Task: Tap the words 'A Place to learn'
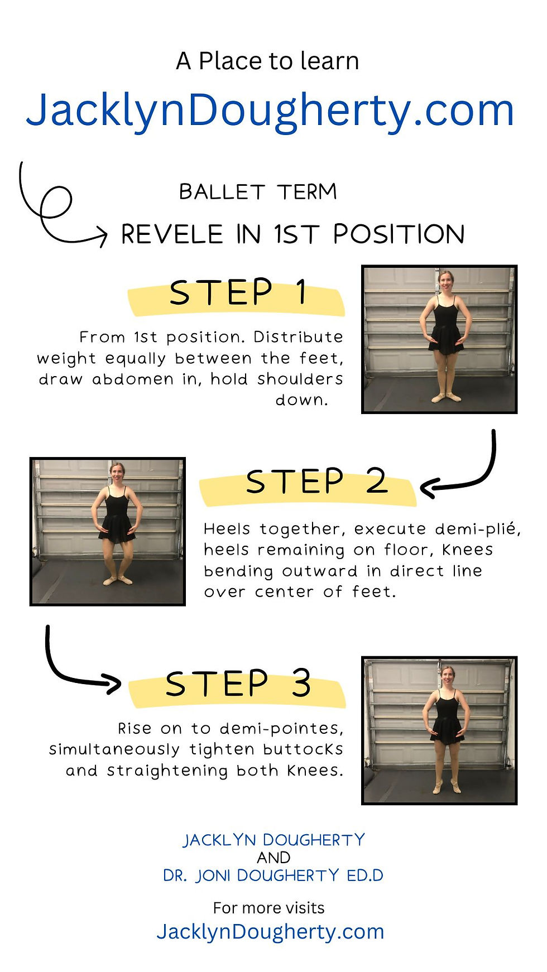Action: [267, 61]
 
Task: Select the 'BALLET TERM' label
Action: [258, 192]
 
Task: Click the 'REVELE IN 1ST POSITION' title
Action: [293, 234]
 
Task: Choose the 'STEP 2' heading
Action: [316, 481]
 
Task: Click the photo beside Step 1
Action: [439, 339]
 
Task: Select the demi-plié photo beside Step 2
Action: [108, 531]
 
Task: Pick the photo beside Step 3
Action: [439, 730]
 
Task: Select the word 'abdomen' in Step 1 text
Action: [133, 379]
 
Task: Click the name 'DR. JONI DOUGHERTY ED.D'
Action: [273, 875]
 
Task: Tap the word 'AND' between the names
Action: [273, 858]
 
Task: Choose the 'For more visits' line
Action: [268, 908]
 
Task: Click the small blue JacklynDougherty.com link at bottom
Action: [270, 931]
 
